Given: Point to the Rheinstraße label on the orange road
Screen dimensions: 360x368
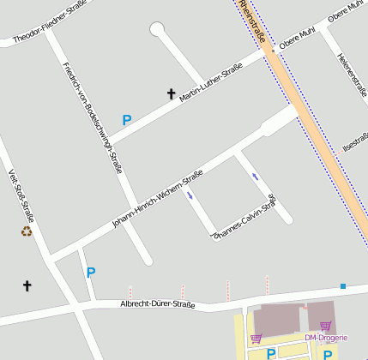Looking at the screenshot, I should (x=254, y=23).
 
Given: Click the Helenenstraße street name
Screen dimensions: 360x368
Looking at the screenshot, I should (x=352, y=75).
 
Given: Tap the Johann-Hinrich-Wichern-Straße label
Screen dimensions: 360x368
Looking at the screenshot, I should (x=158, y=199).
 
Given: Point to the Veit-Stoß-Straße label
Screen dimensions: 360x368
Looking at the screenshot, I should (x=21, y=193).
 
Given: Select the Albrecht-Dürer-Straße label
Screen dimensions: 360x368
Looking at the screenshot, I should (x=157, y=304).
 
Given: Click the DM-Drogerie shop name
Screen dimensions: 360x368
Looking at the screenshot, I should (x=326, y=338).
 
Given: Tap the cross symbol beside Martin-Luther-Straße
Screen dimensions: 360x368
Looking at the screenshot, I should (x=171, y=93).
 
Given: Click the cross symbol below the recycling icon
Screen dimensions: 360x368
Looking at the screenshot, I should (x=27, y=285).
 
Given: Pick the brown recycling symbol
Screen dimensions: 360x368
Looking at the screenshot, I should (x=27, y=231).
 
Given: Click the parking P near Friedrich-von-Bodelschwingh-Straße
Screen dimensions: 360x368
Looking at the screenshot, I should (x=127, y=121).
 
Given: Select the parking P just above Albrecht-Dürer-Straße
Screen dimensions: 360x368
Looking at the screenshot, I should (x=90, y=273).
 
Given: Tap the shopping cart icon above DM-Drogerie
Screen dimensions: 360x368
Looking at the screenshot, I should (x=325, y=326).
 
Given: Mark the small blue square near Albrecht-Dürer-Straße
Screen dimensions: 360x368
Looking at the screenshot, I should (x=342, y=285).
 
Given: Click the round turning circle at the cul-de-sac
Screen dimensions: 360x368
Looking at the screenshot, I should (x=157, y=30).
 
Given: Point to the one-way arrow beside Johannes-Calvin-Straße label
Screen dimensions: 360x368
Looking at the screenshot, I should (x=255, y=177).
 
